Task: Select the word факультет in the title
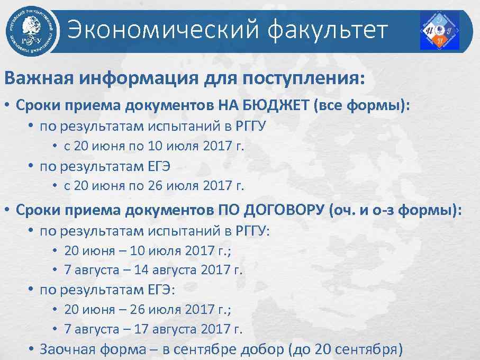point(328,30)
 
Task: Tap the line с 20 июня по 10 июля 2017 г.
point(154,146)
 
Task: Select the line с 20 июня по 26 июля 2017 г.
point(154,186)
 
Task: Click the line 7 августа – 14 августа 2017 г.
point(153,269)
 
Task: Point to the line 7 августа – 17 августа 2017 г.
point(153,329)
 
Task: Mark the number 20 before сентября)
point(322,349)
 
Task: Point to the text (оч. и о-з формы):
point(395,210)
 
